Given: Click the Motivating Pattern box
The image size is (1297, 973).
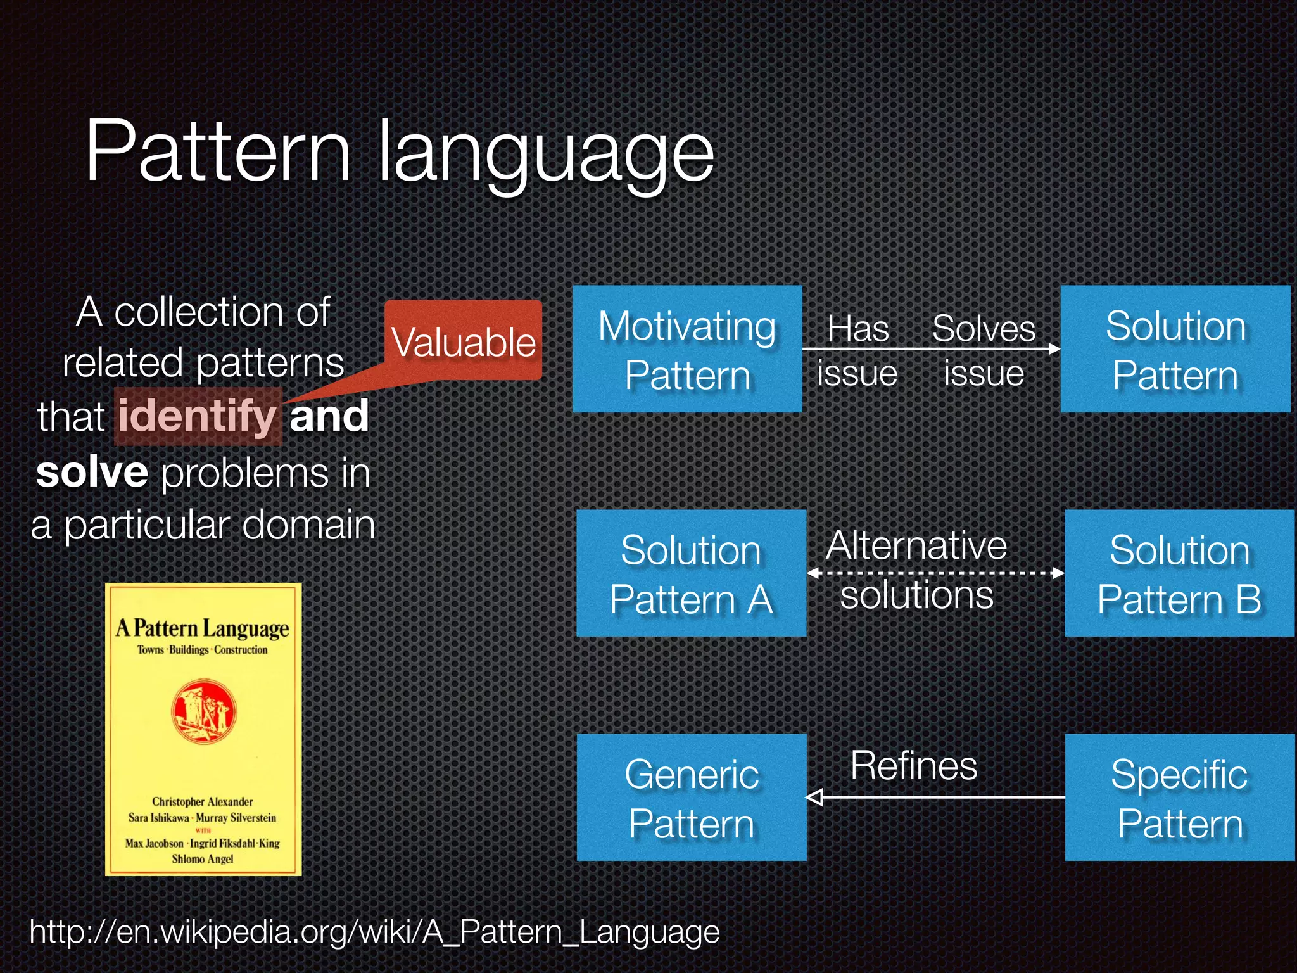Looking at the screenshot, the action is (687, 349).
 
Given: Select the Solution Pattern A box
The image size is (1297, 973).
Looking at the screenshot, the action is (691, 573).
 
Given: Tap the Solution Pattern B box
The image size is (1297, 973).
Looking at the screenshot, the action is (1179, 573).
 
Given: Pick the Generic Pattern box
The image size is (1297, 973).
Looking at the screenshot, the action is (692, 798).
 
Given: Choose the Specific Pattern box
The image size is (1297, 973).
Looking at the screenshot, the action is (1180, 798).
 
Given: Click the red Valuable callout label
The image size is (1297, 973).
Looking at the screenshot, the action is (464, 341).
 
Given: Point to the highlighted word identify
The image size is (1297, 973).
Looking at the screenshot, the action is (198, 416).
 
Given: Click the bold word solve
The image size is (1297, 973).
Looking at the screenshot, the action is (92, 472).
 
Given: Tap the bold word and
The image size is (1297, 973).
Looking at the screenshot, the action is (329, 416).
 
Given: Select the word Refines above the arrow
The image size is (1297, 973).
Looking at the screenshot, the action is (914, 766).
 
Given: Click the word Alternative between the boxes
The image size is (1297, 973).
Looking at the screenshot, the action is (916, 545).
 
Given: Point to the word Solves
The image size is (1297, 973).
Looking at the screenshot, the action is (984, 329).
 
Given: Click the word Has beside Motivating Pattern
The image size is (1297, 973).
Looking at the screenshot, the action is (858, 329).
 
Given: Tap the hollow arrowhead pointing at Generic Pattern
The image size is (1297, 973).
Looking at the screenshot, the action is (815, 798).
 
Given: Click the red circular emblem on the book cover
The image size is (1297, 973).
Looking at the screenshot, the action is (204, 711).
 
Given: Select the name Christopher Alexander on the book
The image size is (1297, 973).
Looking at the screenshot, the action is (203, 801).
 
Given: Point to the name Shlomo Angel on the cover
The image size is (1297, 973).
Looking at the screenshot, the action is (203, 859).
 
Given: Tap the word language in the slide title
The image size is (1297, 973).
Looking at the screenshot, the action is (546, 155).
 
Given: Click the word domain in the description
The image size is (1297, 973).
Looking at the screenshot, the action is (308, 525).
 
